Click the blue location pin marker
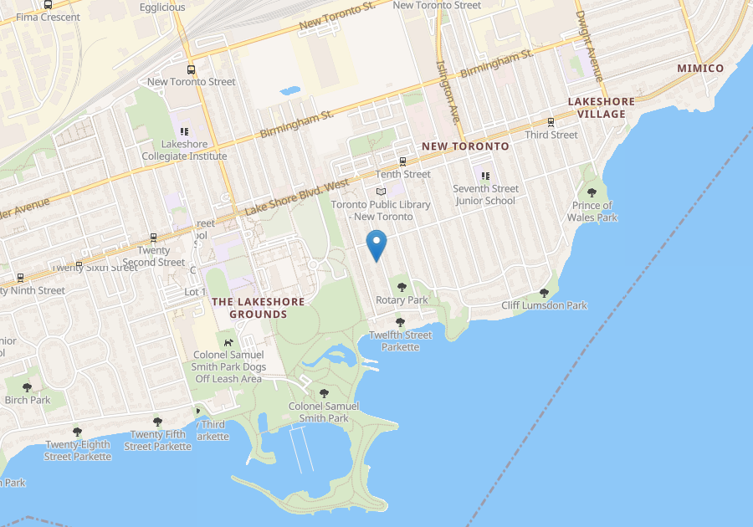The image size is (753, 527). tap(377, 245)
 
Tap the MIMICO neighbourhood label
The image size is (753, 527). tap(700, 68)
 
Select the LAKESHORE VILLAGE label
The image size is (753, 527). tap(601, 107)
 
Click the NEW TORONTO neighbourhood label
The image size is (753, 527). tap(465, 146)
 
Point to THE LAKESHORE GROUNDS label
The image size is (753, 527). tap(249, 307)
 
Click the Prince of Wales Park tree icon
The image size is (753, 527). tap(592, 192)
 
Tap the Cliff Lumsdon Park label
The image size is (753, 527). tap(544, 305)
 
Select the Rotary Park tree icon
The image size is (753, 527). tap(402, 287)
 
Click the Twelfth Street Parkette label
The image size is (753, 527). tap(401, 340)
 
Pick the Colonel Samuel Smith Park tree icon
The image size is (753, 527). tap(324, 393)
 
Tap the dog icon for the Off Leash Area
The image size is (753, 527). tap(228, 341)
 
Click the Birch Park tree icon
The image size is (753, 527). tap(28, 386)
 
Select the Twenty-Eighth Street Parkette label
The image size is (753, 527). tap(78, 450)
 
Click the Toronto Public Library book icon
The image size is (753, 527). tap(381, 192)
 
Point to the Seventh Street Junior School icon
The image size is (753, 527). tap(485, 176)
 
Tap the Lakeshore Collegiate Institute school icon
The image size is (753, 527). tap(184, 131)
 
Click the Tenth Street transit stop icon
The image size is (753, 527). tap(402, 161)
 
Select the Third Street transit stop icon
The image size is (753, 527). tap(551, 122)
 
